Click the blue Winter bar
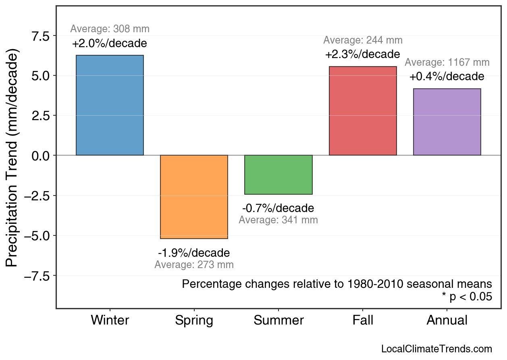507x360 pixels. (110, 105)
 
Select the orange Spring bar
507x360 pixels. (194, 197)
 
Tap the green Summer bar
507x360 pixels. (278, 175)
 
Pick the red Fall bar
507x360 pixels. (363, 111)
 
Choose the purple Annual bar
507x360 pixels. (447, 122)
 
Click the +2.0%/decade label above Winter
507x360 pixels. (110, 44)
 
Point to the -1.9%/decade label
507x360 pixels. (194, 253)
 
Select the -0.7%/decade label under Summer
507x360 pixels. (278, 208)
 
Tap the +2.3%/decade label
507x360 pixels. (363, 54)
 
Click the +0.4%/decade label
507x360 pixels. (447, 77)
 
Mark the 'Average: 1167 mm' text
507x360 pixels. (447, 62)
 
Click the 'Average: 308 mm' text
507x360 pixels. (110, 29)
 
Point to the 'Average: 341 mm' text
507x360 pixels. (278, 220)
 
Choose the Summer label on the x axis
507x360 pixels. (278, 320)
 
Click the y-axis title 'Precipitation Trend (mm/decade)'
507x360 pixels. (12, 159)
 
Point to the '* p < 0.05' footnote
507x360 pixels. (467, 297)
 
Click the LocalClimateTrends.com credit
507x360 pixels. (436, 349)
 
